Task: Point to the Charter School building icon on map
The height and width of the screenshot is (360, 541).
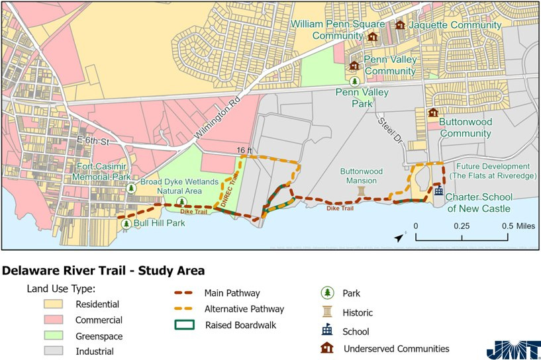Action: (438, 191)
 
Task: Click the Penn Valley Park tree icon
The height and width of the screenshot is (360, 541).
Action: (355, 81)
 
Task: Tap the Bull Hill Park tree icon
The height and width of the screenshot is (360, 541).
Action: (126, 224)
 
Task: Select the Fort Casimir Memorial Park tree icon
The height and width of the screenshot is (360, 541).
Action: (132, 188)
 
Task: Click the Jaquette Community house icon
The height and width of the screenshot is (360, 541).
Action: (400, 25)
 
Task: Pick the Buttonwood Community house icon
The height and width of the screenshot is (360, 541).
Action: (433, 113)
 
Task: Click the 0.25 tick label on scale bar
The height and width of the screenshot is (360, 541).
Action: (462, 226)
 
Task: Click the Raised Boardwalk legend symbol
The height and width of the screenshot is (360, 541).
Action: (185, 325)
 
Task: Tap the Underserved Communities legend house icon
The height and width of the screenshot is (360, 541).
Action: (326, 348)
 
